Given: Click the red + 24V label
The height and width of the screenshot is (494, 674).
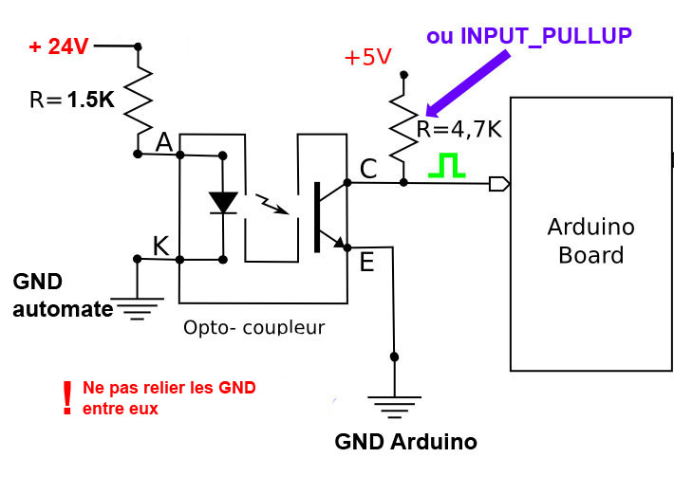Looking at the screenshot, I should [59, 46].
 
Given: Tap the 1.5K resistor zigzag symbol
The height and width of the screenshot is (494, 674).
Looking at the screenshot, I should [139, 97].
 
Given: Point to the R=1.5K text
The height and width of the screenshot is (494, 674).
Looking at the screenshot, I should [71, 100].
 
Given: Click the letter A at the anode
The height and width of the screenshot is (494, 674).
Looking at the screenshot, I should [164, 142].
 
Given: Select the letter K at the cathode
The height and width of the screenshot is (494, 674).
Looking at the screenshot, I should [161, 247].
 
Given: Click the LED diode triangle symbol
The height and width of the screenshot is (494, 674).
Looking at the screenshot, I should [223, 203].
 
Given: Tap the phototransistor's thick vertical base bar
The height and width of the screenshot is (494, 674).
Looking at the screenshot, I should [316, 210].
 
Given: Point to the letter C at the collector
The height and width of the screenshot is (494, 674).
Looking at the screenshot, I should [368, 169].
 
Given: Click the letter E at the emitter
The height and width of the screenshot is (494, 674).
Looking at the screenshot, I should [366, 262].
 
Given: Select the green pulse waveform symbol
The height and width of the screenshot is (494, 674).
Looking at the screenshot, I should [446, 166].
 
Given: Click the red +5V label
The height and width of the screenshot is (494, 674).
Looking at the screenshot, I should [367, 57].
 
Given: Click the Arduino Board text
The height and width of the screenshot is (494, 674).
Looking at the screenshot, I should [590, 241].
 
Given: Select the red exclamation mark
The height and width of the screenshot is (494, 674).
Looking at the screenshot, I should [66, 398].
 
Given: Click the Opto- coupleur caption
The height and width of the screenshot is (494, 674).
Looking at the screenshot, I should [253, 328].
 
